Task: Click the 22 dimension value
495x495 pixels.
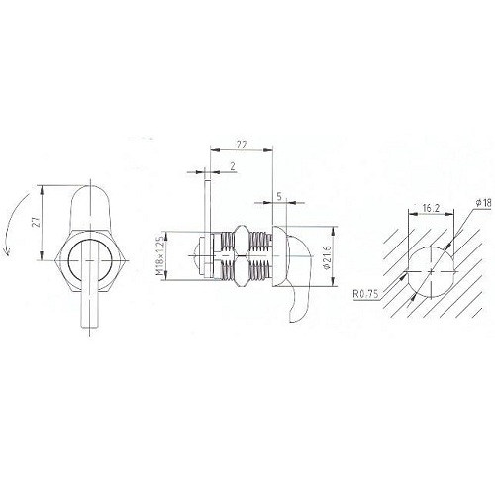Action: point(242,145)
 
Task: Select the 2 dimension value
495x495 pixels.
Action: point(233,166)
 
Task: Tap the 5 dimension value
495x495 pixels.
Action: point(279,197)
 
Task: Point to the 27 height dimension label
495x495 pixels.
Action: point(38,222)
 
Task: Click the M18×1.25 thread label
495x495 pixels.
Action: point(159,256)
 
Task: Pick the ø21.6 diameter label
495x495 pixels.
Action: point(328,257)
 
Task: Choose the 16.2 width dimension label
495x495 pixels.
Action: point(431,208)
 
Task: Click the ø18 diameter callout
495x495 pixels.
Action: point(483,203)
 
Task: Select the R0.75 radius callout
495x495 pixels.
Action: point(365,294)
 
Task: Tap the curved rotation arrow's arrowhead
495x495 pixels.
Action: point(7,252)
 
